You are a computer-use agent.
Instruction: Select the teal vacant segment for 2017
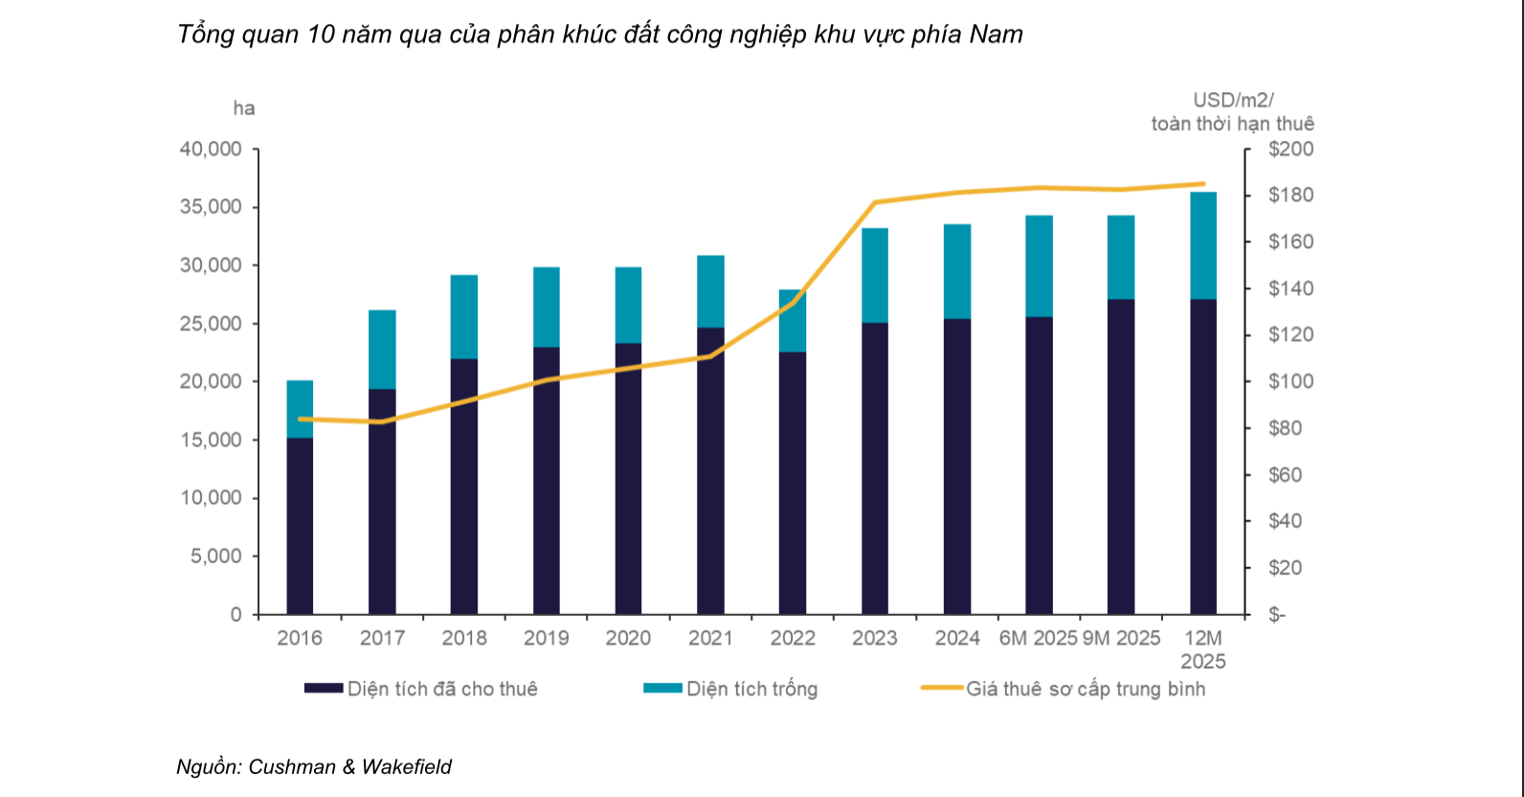pos(382,350)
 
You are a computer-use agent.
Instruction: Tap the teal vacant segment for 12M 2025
pos(1203,245)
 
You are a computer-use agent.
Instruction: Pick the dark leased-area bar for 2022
pos(793,483)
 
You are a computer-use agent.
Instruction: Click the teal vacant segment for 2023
pos(875,275)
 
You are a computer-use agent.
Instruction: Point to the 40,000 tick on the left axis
pos(211,149)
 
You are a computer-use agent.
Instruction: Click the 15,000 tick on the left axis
pos(211,440)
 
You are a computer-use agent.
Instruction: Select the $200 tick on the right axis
pos(1290,149)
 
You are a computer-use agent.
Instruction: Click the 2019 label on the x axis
pos(547,638)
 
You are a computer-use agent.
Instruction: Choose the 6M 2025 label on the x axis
pos(1038,638)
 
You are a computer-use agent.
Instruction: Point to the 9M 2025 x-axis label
pos(1121,638)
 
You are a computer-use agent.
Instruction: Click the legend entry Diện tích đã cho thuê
pos(441,689)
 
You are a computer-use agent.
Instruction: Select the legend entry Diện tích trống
pos(751,689)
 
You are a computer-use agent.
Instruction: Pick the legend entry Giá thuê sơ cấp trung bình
pos(1085,689)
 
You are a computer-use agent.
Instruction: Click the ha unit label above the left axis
pos(244,108)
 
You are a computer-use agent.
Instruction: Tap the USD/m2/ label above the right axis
pos(1233,100)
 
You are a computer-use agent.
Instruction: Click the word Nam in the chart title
pos(996,34)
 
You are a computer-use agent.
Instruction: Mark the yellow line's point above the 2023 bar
pos(875,202)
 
